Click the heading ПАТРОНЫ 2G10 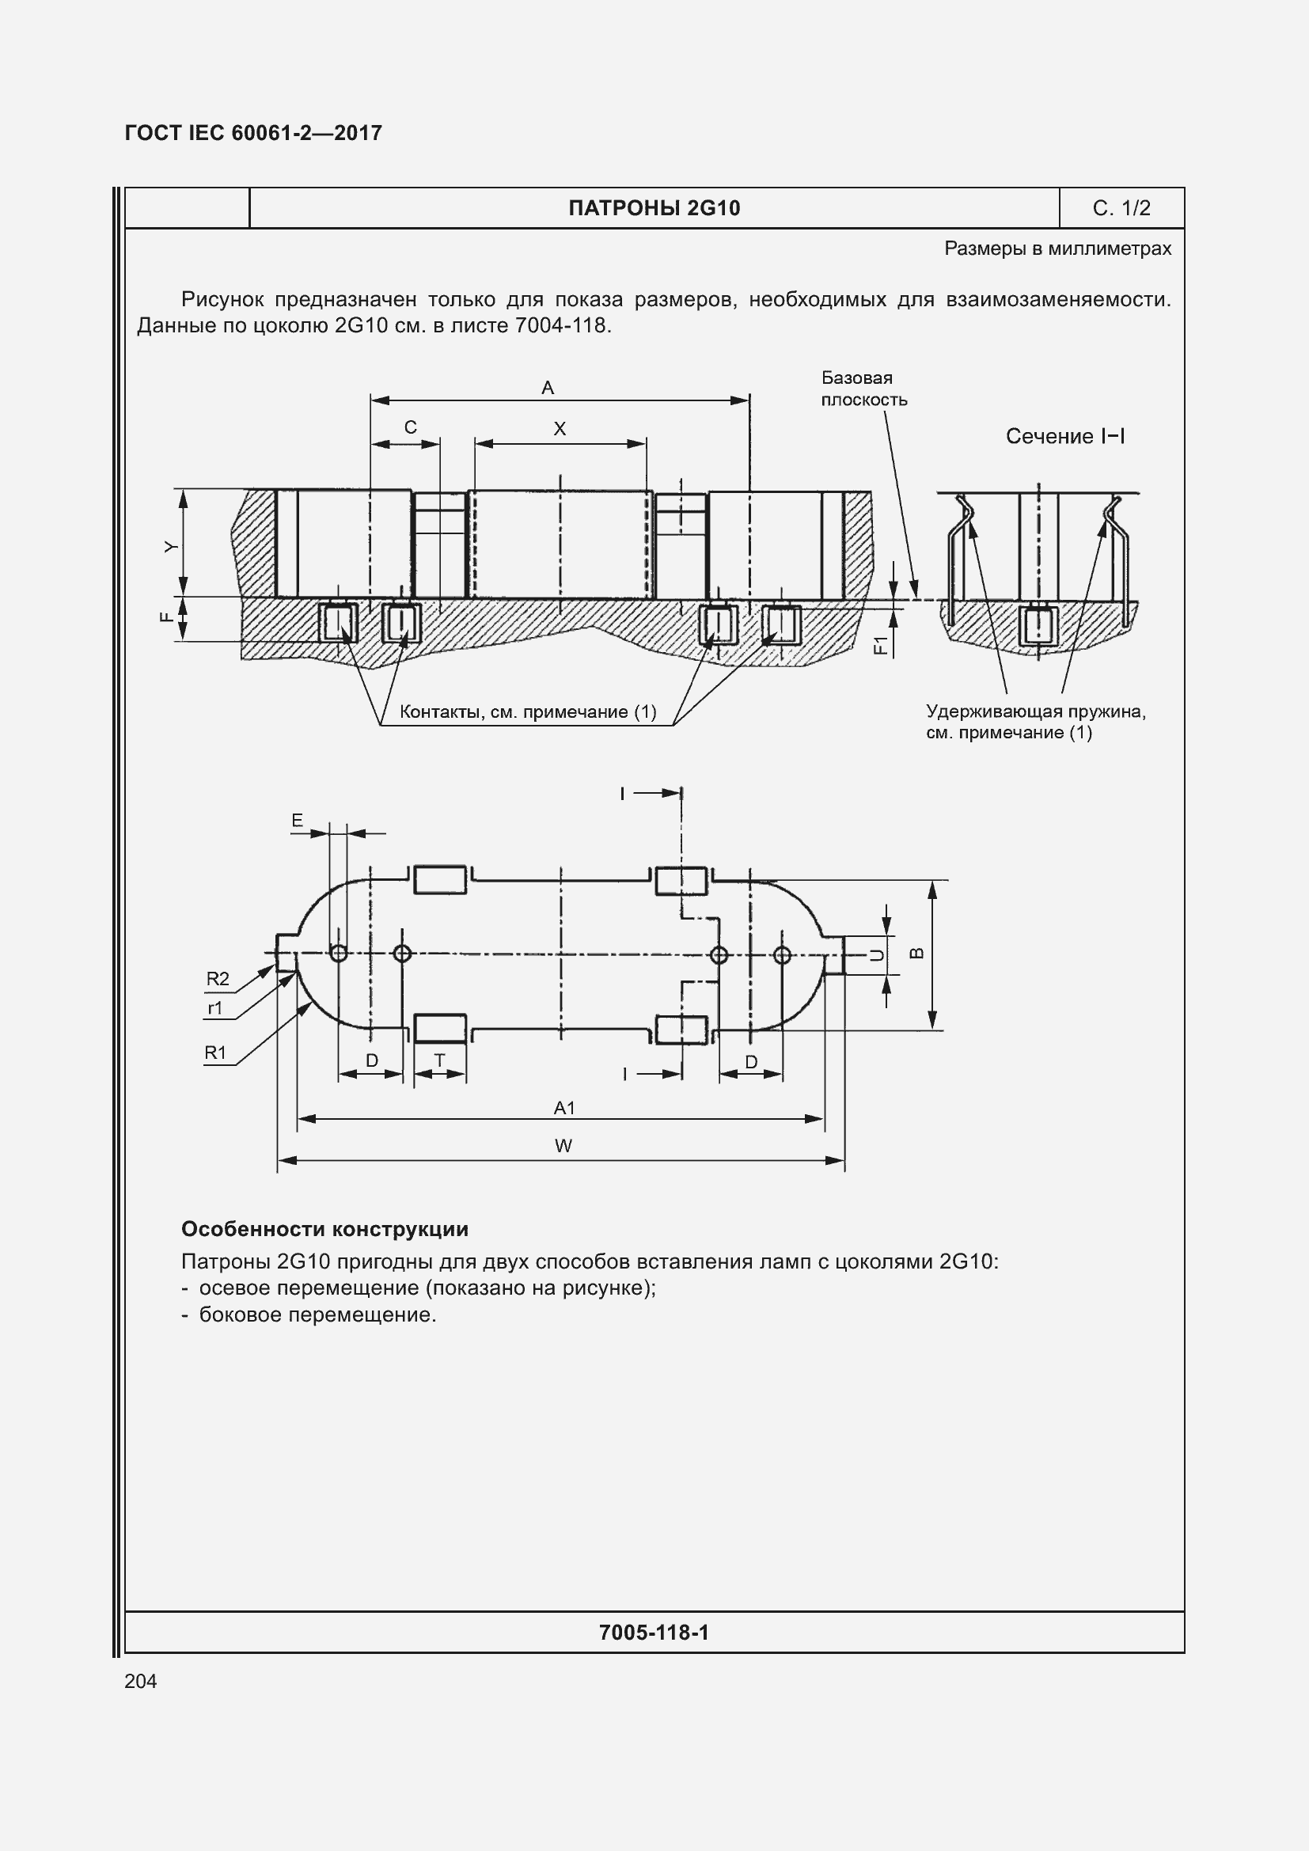[654, 208]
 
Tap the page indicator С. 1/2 [1121, 208]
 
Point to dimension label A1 [564, 1108]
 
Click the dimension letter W [563, 1146]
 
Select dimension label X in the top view [560, 429]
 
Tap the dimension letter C [410, 427]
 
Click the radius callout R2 [218, 979]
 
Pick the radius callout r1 [215, 1007]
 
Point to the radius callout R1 [215, 1053]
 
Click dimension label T [439, 1061]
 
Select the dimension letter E [298, 821]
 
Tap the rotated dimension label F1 [881, 644]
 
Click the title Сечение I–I [1064, 436]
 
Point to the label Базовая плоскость [863, 389]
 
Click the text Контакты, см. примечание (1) [528, 712]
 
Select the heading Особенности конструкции [324, 1229]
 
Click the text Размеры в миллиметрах [1057, 248]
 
